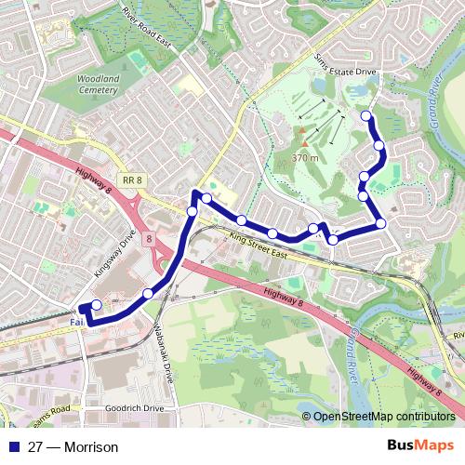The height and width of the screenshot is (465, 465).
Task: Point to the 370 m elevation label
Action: (305, 158)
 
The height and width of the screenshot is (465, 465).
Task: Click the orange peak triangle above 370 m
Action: (304, 144)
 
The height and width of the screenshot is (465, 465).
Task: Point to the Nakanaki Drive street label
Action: (163, 343)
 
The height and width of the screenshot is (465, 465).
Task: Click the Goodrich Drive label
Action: (134, 408)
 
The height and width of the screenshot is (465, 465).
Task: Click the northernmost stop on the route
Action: (366, 116)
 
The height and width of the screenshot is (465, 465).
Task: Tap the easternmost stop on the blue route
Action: (380, 223)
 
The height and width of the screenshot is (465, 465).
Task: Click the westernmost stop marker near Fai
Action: (96, 305)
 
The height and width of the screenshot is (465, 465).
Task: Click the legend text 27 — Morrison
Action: (73, 447)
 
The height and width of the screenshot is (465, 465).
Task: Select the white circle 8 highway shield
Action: (149, 239)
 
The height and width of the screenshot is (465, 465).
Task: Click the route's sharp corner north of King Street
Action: (195, 193)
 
